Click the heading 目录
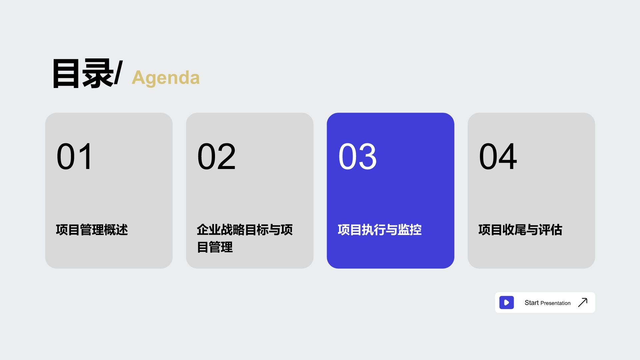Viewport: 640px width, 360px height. tap(82, 74)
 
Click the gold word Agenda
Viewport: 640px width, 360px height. tap(166, 78)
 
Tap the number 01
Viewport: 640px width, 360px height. tap(75, 156)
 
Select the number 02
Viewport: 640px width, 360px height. tap(216, 156)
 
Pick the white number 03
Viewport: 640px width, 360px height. tap(357, 156)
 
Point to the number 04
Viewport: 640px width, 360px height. tap(498, 156)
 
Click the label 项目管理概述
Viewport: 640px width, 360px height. tap(92, 230)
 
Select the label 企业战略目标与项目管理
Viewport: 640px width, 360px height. tap(244, 238)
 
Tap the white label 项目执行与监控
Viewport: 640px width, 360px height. tap(380, 230)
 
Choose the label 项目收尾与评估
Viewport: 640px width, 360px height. tap(520, 230)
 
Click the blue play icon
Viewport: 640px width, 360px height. tap(506, 303)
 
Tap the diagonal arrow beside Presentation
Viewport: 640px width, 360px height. tap(583, 302)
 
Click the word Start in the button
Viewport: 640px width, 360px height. tap(531, 303)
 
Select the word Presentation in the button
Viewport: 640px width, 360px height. tap(555, 303)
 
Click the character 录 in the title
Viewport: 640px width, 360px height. tap(97, 74)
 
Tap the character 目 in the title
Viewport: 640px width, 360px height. tap(66, 74)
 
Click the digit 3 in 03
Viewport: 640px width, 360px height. tap(367, 156)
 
